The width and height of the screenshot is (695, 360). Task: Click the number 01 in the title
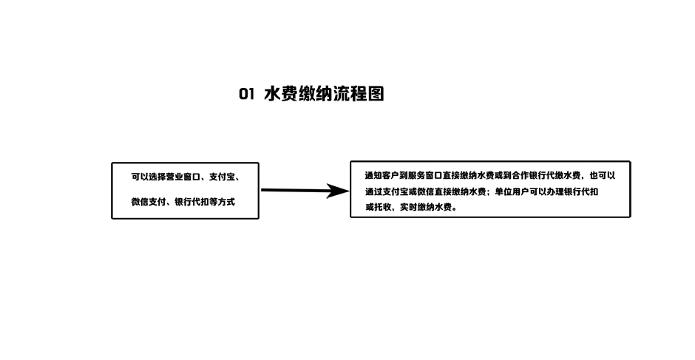[246, 94]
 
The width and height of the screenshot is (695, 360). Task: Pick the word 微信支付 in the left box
[149, 202]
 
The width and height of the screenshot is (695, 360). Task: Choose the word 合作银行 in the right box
[529, 176]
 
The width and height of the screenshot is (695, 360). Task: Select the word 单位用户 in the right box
[512, 192]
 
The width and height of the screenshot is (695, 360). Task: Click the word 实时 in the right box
[409, 207]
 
